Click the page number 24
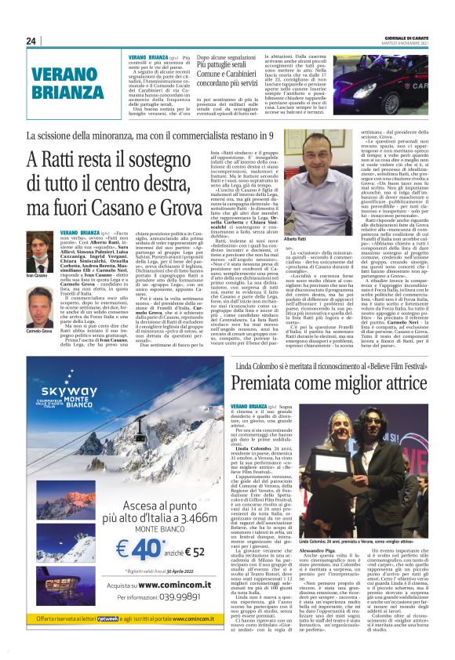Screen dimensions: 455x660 (32, 41)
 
